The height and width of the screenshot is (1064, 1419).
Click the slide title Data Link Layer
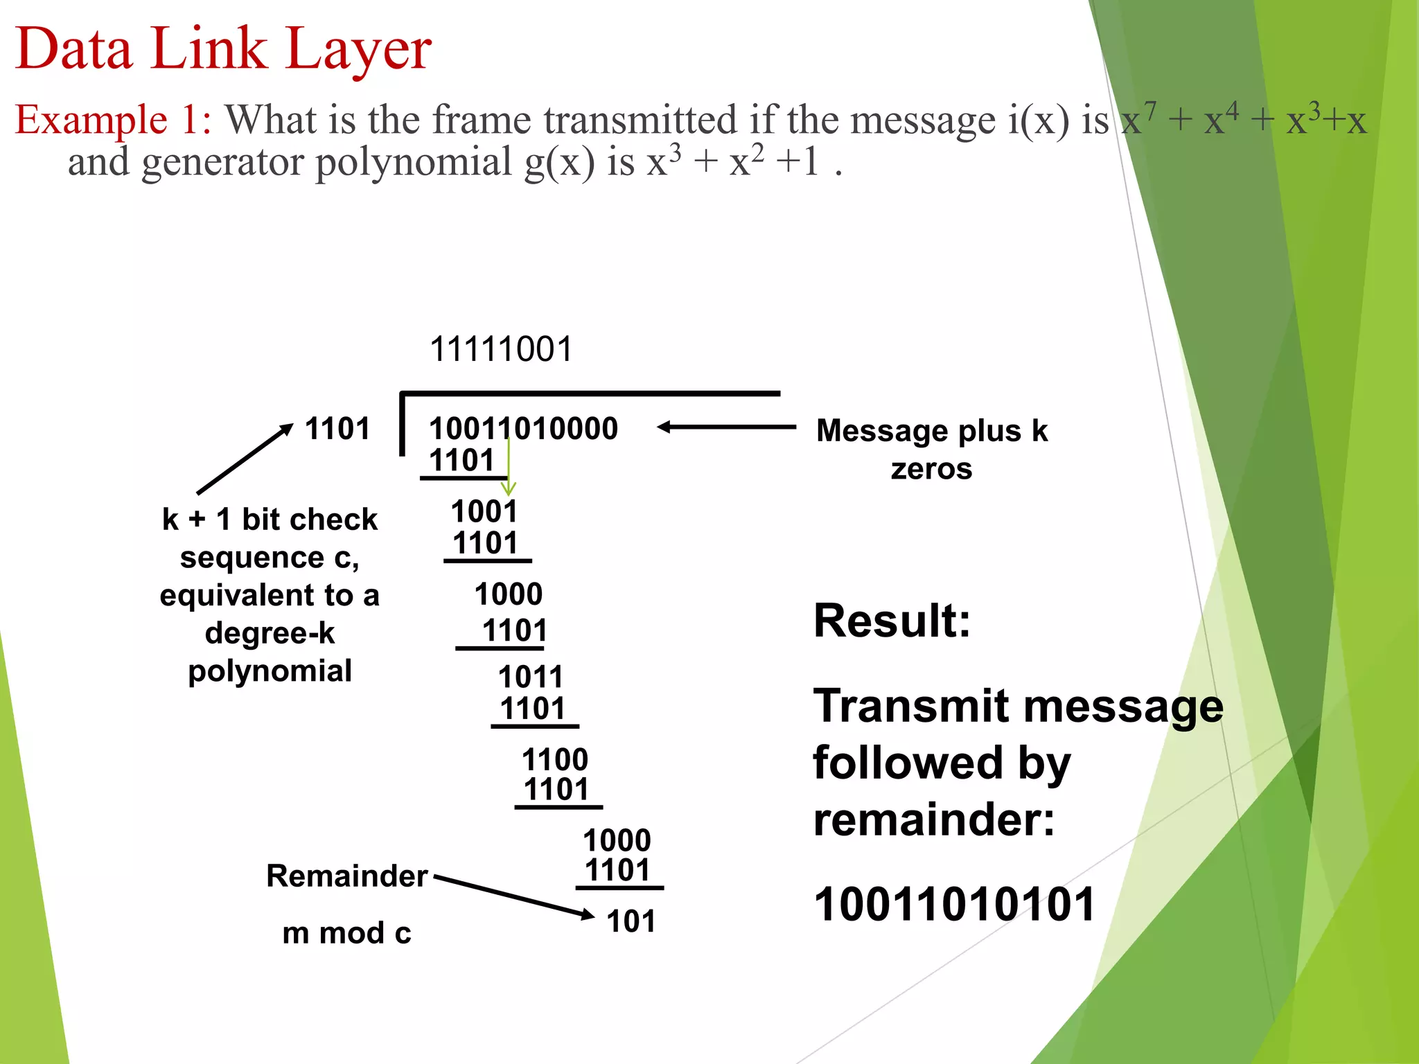[223, 48]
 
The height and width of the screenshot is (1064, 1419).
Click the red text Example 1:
[113, 119]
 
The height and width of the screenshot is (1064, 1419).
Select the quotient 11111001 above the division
[501, 348]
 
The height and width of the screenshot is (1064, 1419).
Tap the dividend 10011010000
[523, 428]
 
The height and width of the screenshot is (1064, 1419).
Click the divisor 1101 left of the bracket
[337, 428]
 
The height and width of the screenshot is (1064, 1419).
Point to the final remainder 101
[631, 921]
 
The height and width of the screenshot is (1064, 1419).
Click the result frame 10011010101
[954, 904]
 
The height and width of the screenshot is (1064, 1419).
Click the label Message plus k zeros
[932, 449]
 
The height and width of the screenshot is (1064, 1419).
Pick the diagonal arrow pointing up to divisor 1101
[245, 459]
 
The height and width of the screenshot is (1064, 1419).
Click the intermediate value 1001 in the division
[484, 511]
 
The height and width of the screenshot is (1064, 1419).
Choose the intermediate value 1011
[531, 676]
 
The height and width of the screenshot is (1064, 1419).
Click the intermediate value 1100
[555, 759]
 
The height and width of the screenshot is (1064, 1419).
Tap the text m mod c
[346, 933]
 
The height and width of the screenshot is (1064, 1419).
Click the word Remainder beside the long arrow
[347, 876]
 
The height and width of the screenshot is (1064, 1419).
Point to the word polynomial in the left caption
[270, 671]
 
